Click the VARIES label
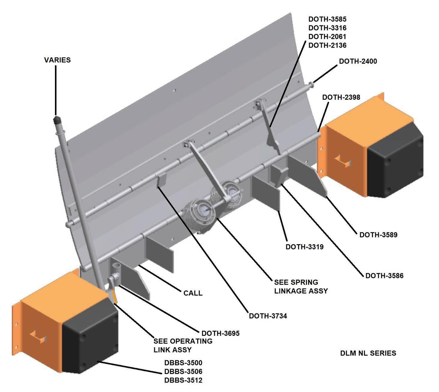(57, 60)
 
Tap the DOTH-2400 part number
(358, 61)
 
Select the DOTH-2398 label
(341, 97)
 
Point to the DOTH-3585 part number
(327, 19)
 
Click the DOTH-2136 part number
(327, 45)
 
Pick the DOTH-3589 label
(378, 235)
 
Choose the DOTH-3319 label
(304, 247)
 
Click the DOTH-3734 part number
(268, 316)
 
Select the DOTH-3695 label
(220, 333)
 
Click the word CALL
(193, 293)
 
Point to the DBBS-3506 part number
(183, 371)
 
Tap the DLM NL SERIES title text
(368, 353)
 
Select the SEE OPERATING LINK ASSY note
(183, 345)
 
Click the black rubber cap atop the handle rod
(57, 119)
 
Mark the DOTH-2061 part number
(327, 37)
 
